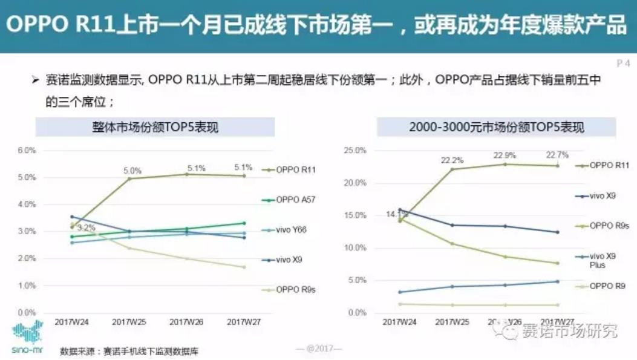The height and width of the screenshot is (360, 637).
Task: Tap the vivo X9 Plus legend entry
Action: [602, 260]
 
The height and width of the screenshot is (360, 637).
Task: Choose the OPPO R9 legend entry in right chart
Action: [607, 286]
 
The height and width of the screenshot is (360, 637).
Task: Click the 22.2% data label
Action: [452, 160]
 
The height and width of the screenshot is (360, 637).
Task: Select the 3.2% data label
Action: [86, 229]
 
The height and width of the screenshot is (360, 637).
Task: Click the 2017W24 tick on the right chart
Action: [400, 322]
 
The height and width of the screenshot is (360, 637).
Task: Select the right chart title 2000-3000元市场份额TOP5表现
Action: [496, 128]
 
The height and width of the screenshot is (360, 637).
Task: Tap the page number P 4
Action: [622, 63]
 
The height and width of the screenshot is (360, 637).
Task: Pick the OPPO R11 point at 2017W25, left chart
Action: [129, 178]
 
